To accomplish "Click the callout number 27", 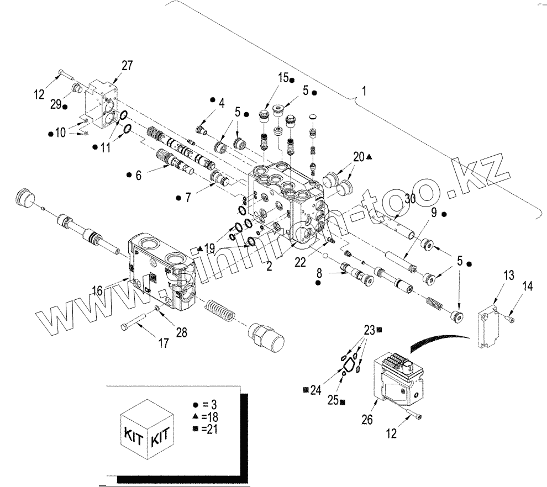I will pos(127,65).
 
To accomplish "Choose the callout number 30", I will pos(409,199).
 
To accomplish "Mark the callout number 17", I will pos(164,343).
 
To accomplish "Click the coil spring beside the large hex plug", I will pos(221,311).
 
